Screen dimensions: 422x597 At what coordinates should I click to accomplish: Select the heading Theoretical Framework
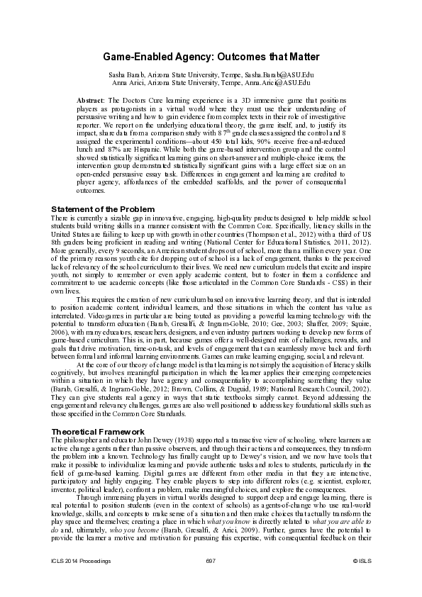tap(97, 431)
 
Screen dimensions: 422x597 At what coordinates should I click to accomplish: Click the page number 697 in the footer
tap(210, 581)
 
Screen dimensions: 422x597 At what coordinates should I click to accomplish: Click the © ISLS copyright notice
tap(362, 581)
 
